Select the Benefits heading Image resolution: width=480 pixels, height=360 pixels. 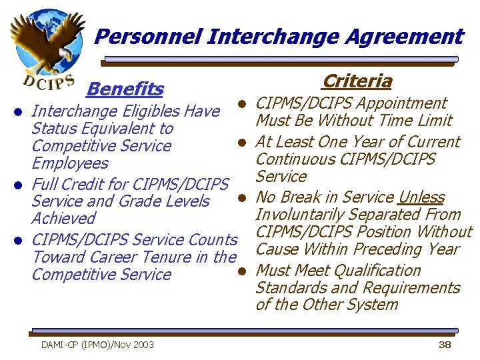point(125,89)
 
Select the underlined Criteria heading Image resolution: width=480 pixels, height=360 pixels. point(357,81)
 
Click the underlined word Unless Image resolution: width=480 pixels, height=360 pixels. point(421,197)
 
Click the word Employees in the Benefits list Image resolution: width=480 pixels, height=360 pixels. point(69,163)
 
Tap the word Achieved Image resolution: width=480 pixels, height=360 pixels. point(63,219)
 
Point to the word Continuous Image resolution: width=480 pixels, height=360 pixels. point(295,159)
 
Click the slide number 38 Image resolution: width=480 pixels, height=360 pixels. point(445,345)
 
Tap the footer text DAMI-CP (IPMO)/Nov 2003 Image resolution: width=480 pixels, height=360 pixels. point(97,345)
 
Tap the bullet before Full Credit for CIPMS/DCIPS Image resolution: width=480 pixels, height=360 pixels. point(21,184)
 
